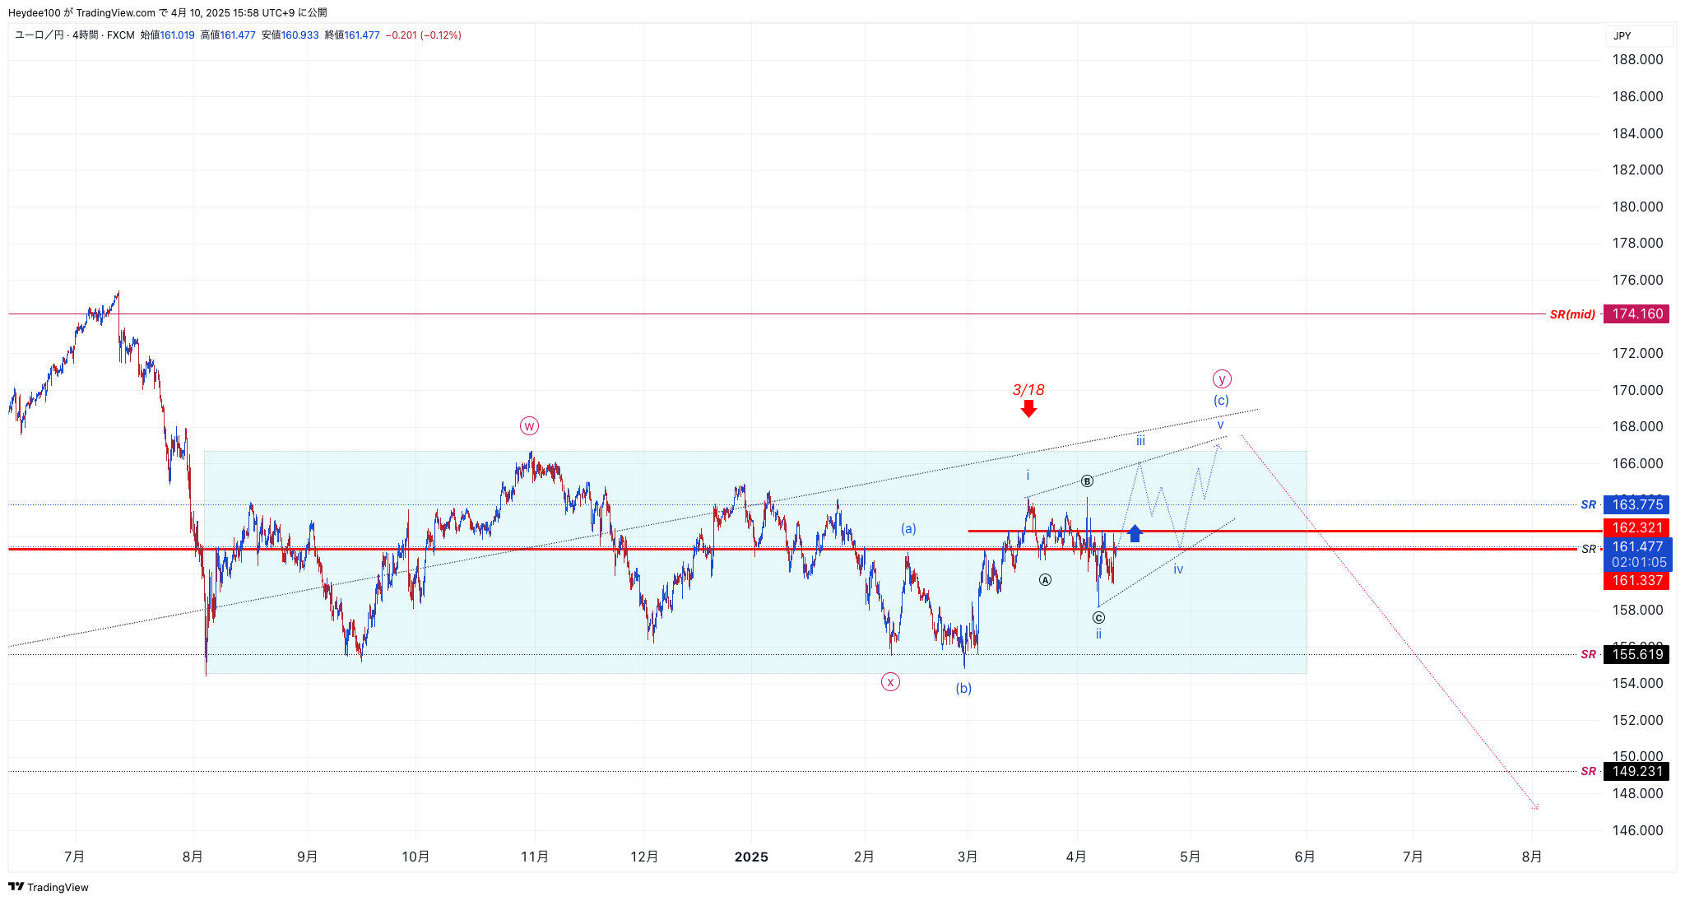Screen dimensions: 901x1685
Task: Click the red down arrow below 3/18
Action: click(x=1028, y=409)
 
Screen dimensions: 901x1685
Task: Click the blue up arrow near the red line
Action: click(x=1135, y=533)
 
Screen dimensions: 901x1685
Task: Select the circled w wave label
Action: click(x=529, y=425)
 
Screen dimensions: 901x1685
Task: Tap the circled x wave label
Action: click(x=890, y=681)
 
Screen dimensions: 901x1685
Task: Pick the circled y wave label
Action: click(x=1222, y=379)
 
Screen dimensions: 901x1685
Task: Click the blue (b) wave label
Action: click(x=963, y=688)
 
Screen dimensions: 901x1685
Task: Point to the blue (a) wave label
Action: click(x=908, y=528)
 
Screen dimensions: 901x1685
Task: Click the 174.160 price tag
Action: click(x=1636, y=313)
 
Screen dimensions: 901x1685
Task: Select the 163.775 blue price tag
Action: click(x=1636, y=504)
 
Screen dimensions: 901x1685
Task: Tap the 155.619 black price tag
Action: click(x=1636, y=654)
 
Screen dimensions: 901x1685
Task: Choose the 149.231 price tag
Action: click(x=1636, y=771)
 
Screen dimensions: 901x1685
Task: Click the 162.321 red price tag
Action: click(x=1636, y=527)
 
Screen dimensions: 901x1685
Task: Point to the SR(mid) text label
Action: click(x=1572, y=314)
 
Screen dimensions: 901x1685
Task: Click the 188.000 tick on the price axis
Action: click(x=1637, y=59)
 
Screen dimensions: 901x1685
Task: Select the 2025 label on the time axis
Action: click(x=751, y=857)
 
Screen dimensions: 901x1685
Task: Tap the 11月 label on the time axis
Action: click(x=535, y=857)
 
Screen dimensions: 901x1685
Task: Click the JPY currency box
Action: click(x=1637, y=35)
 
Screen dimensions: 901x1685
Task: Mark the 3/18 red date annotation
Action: click(x=1028, y=390)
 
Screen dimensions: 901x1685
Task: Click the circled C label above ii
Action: click(x=1098, y=617)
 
